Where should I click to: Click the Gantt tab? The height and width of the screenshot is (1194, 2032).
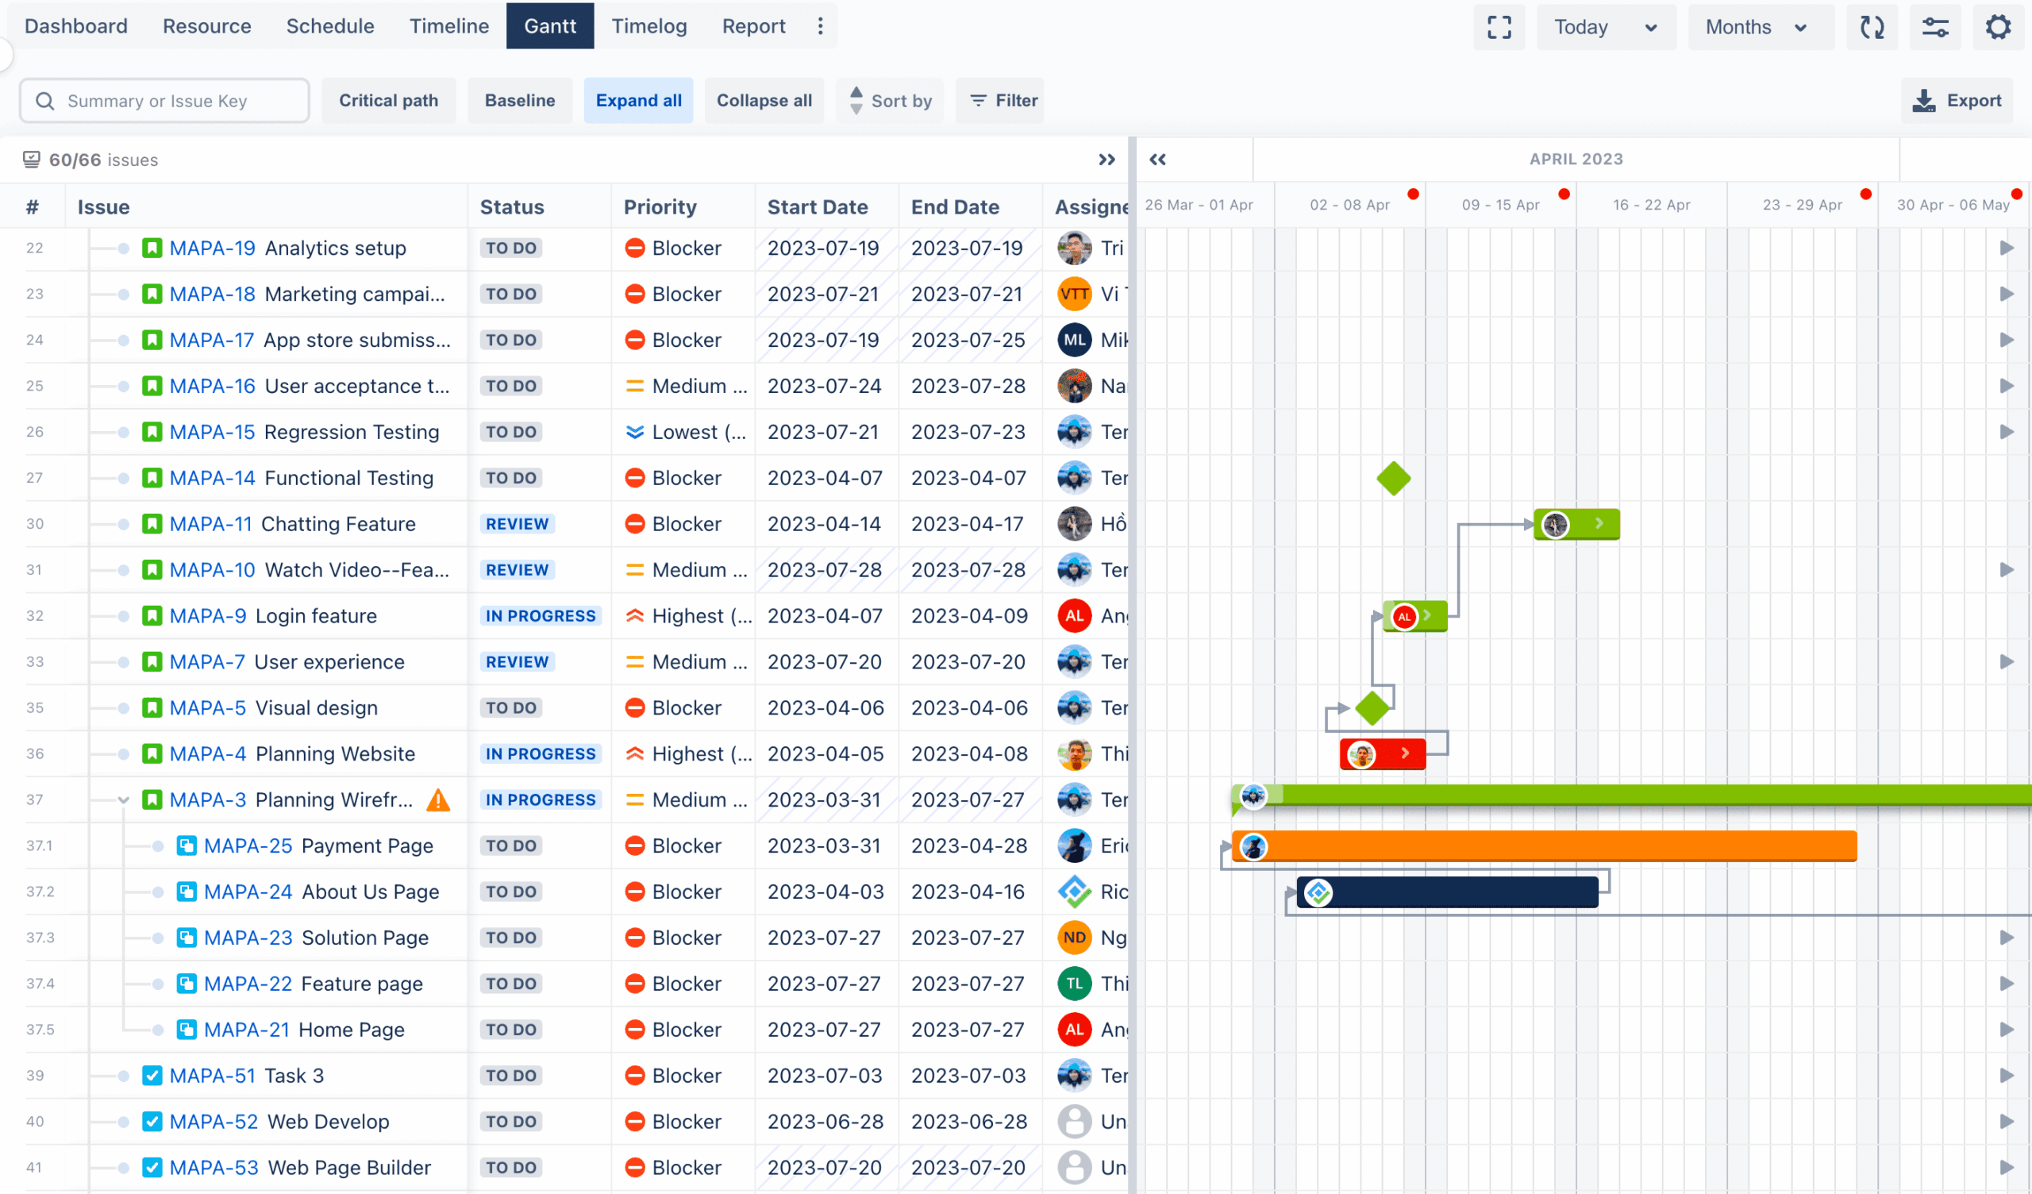click(550, 26)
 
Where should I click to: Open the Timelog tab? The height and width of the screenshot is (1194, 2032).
click(648, 26)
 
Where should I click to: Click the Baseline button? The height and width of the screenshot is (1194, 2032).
click(519, 101)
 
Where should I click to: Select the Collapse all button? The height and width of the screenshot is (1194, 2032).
click(764, 101)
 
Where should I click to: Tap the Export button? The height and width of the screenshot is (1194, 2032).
click(1957, 101)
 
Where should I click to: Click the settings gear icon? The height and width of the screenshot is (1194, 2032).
click(1997, 28)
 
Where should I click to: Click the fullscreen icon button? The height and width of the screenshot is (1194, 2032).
click(1498, 28)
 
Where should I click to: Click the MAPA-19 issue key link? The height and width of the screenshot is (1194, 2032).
click(212, 248)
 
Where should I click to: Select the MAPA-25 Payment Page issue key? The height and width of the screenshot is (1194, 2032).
click(248, 845)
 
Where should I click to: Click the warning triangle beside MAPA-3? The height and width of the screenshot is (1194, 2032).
click(438, 799)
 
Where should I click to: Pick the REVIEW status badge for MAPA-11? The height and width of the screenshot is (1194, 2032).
click(517, 524)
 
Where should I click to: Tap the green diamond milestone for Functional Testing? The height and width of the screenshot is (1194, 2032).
click(1393, 479)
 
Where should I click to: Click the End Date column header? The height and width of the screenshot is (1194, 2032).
click(955, 207)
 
